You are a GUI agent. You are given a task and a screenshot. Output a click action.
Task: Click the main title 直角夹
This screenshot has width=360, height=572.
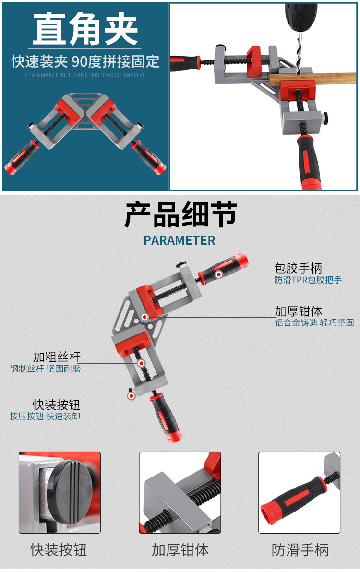click(85, 30)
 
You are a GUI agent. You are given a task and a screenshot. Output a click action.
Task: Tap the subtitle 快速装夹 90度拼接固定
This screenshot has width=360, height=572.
click(85, 61)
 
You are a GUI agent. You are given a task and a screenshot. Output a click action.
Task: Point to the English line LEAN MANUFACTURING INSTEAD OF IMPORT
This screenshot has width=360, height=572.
click(85, 75)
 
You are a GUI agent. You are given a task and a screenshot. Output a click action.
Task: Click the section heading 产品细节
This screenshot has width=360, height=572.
click(180, 215)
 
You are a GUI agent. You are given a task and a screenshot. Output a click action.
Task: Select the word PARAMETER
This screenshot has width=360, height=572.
click(180, 240)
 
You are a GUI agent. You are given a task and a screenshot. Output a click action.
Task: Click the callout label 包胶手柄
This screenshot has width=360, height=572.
click(298, 268)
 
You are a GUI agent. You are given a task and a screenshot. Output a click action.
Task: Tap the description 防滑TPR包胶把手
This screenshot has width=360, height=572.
click(308, 280)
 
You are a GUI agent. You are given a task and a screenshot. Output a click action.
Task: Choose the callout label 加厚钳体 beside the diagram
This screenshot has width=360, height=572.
click(298, 311)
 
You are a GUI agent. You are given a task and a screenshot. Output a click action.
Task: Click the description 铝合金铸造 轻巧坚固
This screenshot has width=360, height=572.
click(314, 323)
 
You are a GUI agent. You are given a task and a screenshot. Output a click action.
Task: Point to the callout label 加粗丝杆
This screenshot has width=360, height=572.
click(57, 357)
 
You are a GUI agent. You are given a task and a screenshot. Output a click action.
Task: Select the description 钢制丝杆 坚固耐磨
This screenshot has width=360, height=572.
click(46, 369)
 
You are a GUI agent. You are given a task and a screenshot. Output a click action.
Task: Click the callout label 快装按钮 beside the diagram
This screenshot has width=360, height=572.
click(57, 404)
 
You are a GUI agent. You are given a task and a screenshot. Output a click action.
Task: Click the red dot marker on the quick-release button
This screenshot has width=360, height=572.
click(131, 395)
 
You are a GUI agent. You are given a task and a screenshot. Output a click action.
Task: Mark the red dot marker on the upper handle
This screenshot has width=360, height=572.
click(219, 274)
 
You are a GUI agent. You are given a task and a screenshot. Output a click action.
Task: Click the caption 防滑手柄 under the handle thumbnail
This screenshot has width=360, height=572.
click(300, 550)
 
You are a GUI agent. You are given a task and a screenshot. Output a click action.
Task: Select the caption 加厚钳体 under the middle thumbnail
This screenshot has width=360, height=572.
click(180, 550)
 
